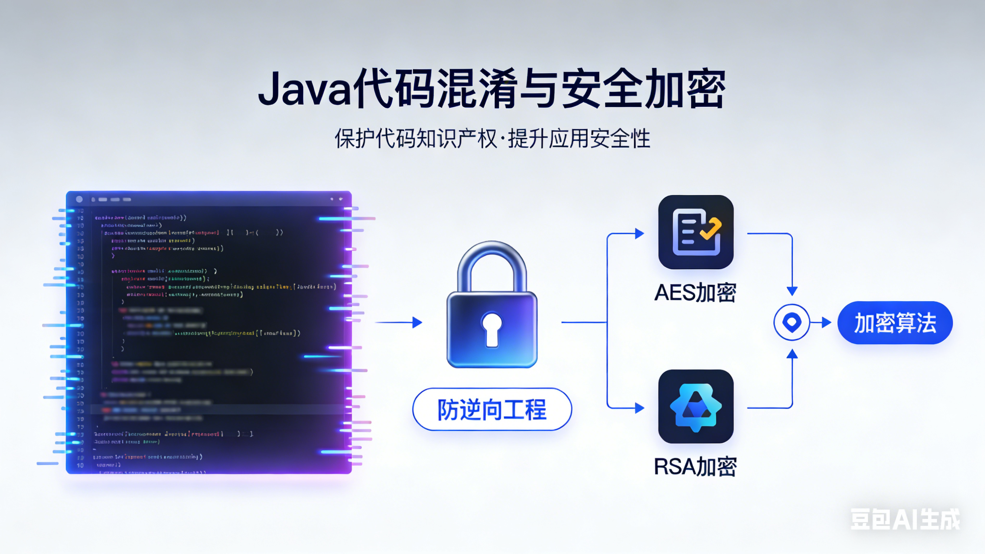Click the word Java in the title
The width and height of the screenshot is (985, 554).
[304, 89]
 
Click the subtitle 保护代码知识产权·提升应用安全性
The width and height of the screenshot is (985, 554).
[492, 138]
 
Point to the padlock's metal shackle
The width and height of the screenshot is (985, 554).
[492, 260]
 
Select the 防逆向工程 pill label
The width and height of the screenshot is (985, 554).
[492, 409]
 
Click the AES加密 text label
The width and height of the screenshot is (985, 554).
[695, 293]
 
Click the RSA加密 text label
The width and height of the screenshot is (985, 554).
[695, 467]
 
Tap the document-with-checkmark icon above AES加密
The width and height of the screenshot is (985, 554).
[696, 232]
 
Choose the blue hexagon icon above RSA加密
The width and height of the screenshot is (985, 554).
[696, 406]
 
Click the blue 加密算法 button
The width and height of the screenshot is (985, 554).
[895, 323]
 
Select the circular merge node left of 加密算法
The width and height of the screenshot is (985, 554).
[792, 322]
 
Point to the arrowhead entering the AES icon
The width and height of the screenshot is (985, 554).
[639, 234]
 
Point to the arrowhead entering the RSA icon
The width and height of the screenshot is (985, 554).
[639, 408]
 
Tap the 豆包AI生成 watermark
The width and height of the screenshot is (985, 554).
[905, 519]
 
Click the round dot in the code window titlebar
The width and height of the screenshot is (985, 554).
[79, 199]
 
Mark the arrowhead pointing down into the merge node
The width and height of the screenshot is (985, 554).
[792, 291]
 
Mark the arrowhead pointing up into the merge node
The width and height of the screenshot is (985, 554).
[792, 354]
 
